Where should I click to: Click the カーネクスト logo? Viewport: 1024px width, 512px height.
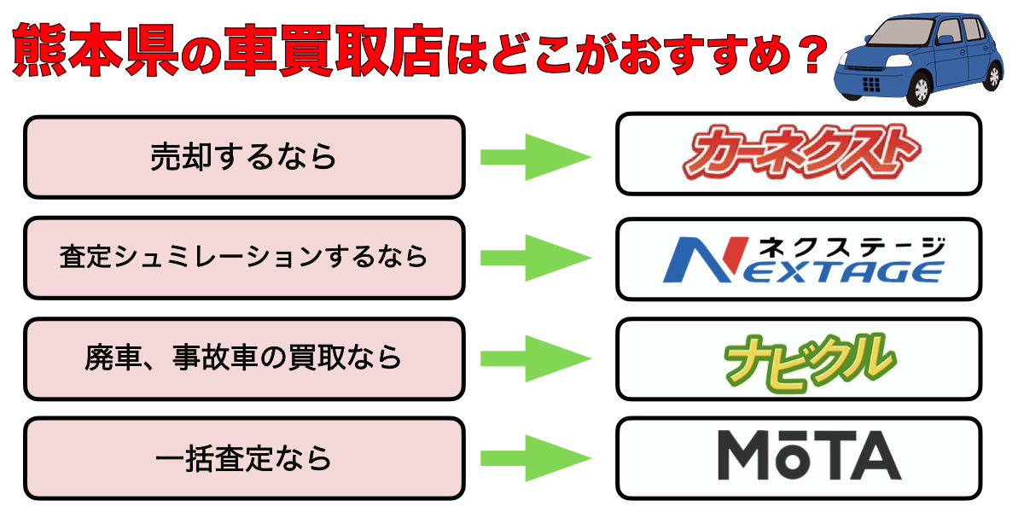pyautogui.click(x=798, y=154)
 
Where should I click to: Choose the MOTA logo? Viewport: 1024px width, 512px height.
pyautogui.click(x=798, y=457)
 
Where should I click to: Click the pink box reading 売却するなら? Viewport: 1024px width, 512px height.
pyautogui.click(x=244, y=157)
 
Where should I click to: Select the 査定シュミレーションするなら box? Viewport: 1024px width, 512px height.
pyautogui.click(x=244, y=258)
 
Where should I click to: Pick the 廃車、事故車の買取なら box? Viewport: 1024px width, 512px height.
pyautogui.click(x=244, y=358)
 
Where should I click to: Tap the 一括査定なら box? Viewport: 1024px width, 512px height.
pyautogui.click(x=244, y=459)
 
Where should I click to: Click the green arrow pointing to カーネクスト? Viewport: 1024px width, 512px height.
pyautogui.click(x=536, y=157)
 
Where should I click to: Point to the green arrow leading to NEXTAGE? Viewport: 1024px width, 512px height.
pyautogui.click(x=536, y=258)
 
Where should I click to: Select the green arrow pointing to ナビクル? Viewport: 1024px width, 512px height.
pyautogui.click(x=536, y=358)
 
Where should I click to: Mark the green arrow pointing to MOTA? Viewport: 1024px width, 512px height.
pyautogui.click(x=536, y=459)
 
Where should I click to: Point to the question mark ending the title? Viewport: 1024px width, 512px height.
pyautogui.click(x=806, y=53)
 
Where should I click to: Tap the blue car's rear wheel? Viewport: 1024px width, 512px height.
pyautogui.click(x=992, y=74)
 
